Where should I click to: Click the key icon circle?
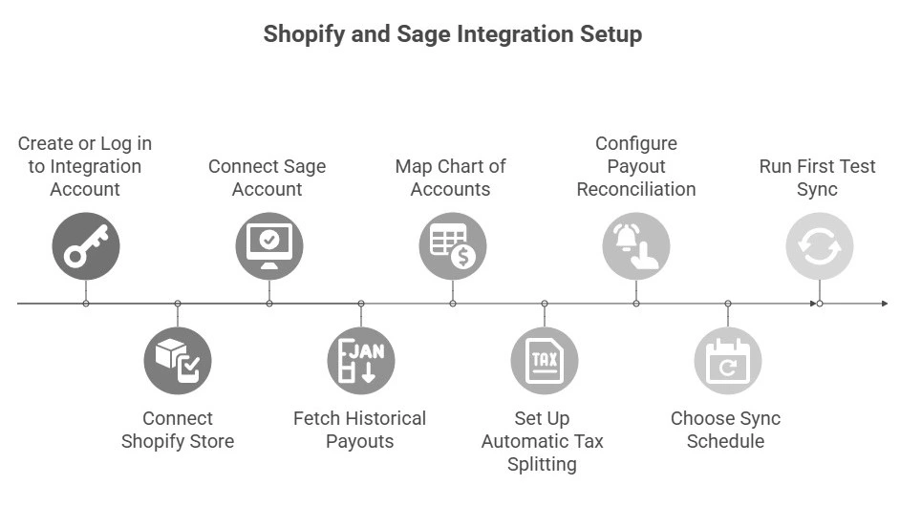coord(86,245)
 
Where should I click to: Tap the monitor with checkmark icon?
coord(269,245)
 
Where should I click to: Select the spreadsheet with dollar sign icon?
coord(453,245)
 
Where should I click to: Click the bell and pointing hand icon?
coord(636,245)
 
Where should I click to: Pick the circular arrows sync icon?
coord(820,245)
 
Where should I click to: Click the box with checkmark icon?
coord(178,361)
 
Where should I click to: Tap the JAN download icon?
coord(361,361)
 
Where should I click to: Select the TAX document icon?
coord(545,361)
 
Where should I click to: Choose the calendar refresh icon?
coord(728,361)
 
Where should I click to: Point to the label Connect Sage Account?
coord(268,178)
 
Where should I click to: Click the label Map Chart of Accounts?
coord(451,178)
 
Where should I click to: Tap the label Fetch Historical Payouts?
coord(359,430)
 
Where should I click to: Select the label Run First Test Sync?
coord(818,178)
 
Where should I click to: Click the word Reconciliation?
coord(636,189)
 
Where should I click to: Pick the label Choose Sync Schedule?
coord(726,430)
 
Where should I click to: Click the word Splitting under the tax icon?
coord(542,465)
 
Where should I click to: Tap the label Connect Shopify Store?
coord(178,430)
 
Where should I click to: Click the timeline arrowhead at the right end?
coord(884,304)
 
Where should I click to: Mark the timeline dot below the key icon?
coord(86,304)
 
